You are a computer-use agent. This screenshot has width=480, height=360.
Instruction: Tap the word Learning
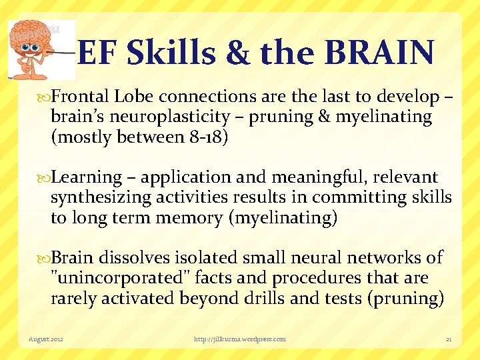(87, 177)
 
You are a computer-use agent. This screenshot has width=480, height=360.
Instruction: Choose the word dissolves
(133, 257)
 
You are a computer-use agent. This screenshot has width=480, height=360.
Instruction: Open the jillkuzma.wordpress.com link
(239, 339)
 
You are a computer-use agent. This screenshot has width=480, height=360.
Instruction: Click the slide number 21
(449, 339)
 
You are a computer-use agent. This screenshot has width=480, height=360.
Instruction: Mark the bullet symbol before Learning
(45, 178)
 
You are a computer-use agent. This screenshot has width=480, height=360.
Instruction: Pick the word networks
(385, 257)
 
